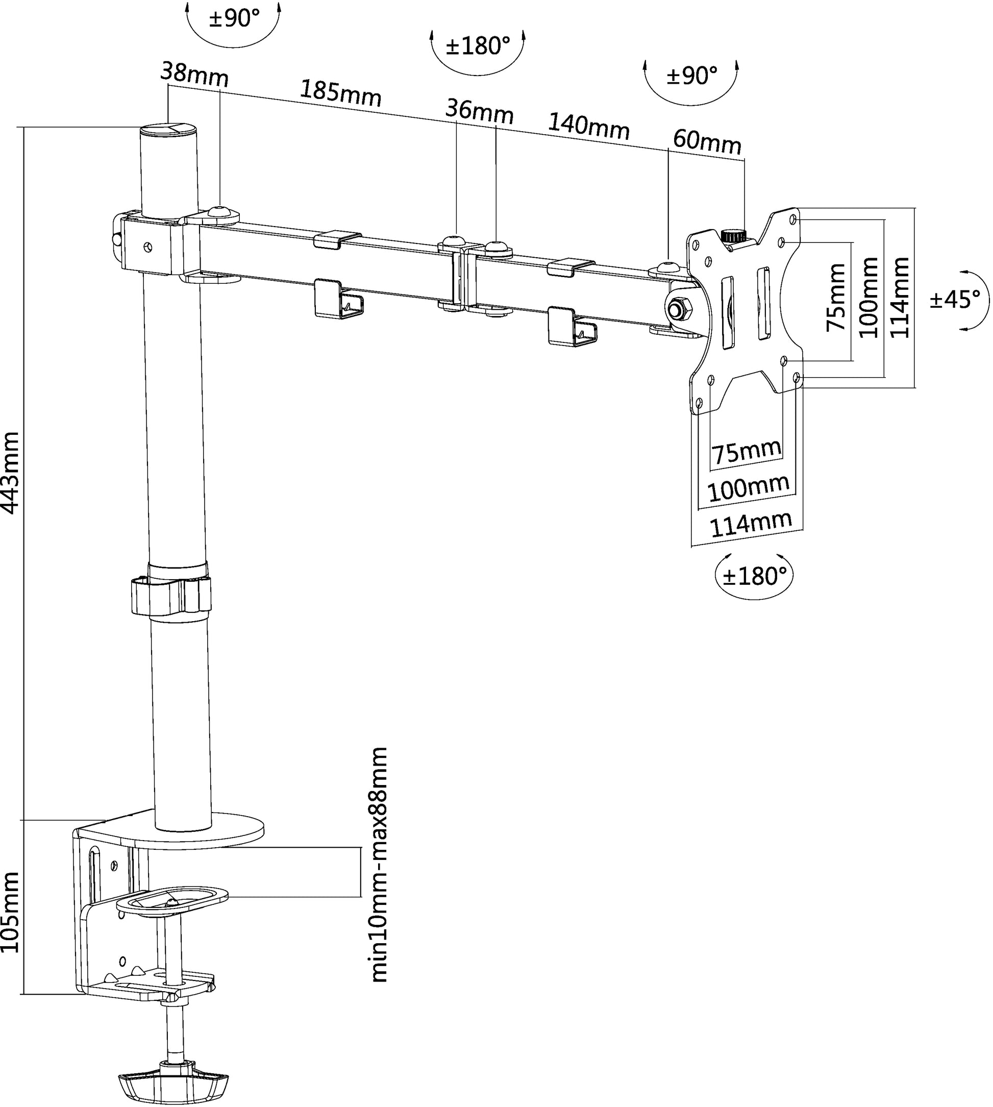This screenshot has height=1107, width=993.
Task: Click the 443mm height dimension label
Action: (x=11, y=473)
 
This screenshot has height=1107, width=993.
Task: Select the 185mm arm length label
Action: (x=340, y=93)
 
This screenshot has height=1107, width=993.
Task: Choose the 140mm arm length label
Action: (x=588, y=127)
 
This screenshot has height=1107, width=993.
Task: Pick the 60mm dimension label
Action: (x=707, y=142)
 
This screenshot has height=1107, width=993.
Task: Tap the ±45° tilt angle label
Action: (x=954, y=300)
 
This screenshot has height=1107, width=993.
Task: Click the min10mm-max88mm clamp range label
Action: (x=379, y=865)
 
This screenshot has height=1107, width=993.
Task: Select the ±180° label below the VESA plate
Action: (x=754, y=576)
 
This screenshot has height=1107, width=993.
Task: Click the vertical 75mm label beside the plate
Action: (x=836, y=298)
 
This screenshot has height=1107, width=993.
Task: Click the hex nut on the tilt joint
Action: (x=677, y=309)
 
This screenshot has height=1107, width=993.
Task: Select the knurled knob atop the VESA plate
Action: (x=734, y=236)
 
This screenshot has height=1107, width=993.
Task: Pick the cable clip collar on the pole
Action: (x=170, y=595)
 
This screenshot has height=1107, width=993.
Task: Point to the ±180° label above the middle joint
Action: (x=478, y=46)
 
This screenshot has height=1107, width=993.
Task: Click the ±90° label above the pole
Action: (x=234, y=19)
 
